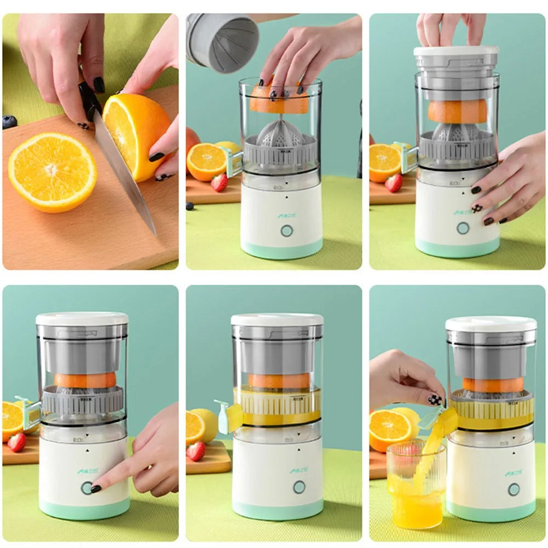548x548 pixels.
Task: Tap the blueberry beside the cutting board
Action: [x=9, y=122]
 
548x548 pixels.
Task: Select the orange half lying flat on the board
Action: [x=52, y=171]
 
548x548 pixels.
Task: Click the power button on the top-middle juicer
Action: [x=286, y=230]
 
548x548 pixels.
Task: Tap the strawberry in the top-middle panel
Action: [x=219, y=182]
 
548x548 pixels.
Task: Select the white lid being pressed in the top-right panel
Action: [x=456, y=51]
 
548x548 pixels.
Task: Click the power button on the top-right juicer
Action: [x=463, y=228]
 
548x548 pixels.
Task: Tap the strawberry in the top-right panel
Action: [x=393, y=183]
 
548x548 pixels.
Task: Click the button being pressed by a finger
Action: [x=86, y=488]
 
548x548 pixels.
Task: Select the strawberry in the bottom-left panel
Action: [x=16, y=442]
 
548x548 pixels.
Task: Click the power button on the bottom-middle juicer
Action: [x=299, y=487]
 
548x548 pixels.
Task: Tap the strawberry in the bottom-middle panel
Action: [x=195, y=451]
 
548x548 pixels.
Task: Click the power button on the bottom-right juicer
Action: [x=513, y=489]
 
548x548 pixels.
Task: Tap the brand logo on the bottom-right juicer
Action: [x=512, y=472]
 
